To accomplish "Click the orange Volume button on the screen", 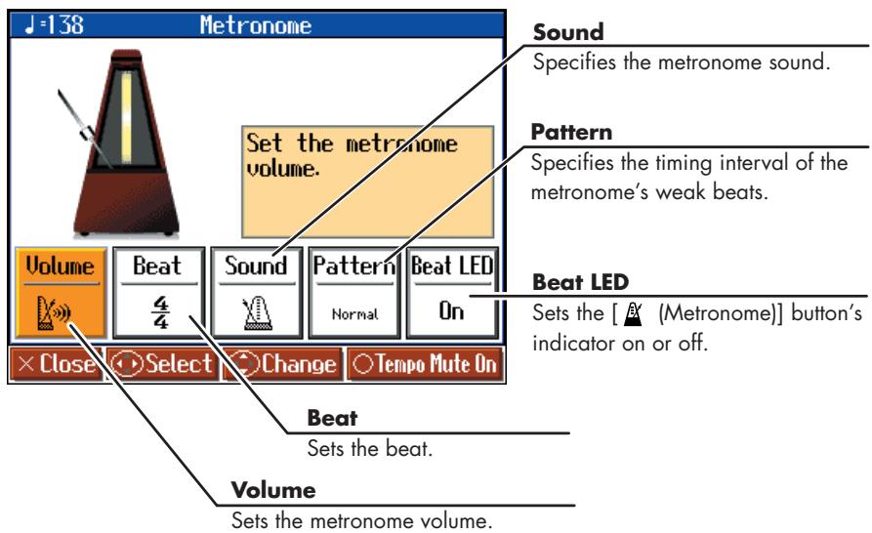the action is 61,293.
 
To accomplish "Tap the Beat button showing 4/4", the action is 159,293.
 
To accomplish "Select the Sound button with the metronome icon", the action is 257,293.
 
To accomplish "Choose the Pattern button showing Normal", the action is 354,293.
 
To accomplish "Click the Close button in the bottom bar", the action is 57,364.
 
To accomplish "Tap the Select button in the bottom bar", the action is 162,364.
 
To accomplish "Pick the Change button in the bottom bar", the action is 282,364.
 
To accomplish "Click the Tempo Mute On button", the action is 426,364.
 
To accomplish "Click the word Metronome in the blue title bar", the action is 256,25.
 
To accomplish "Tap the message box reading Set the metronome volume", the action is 367,182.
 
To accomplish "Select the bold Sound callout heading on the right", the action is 568,32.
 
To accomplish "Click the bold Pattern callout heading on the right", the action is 571,133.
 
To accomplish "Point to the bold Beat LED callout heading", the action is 581,282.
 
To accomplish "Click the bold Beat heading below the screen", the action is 333,418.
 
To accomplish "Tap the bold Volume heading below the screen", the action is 273,490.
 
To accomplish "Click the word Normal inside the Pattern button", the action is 354,314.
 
